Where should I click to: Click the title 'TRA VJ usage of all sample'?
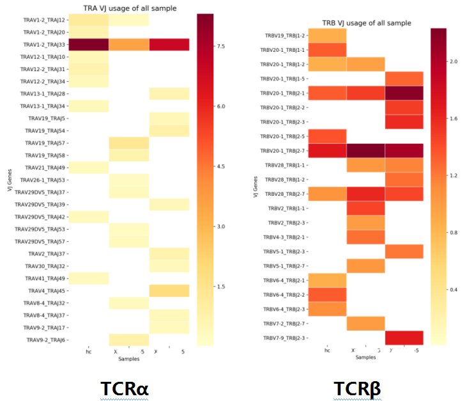coord(130,8)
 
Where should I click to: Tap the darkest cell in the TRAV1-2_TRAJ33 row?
coord(89,45)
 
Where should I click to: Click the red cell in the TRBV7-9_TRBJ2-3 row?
coord(404,338)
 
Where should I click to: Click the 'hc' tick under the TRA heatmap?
coord(89,351)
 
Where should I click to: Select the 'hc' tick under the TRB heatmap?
coord(327,350)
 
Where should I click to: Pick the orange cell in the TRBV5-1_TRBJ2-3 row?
coord(404,251)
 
